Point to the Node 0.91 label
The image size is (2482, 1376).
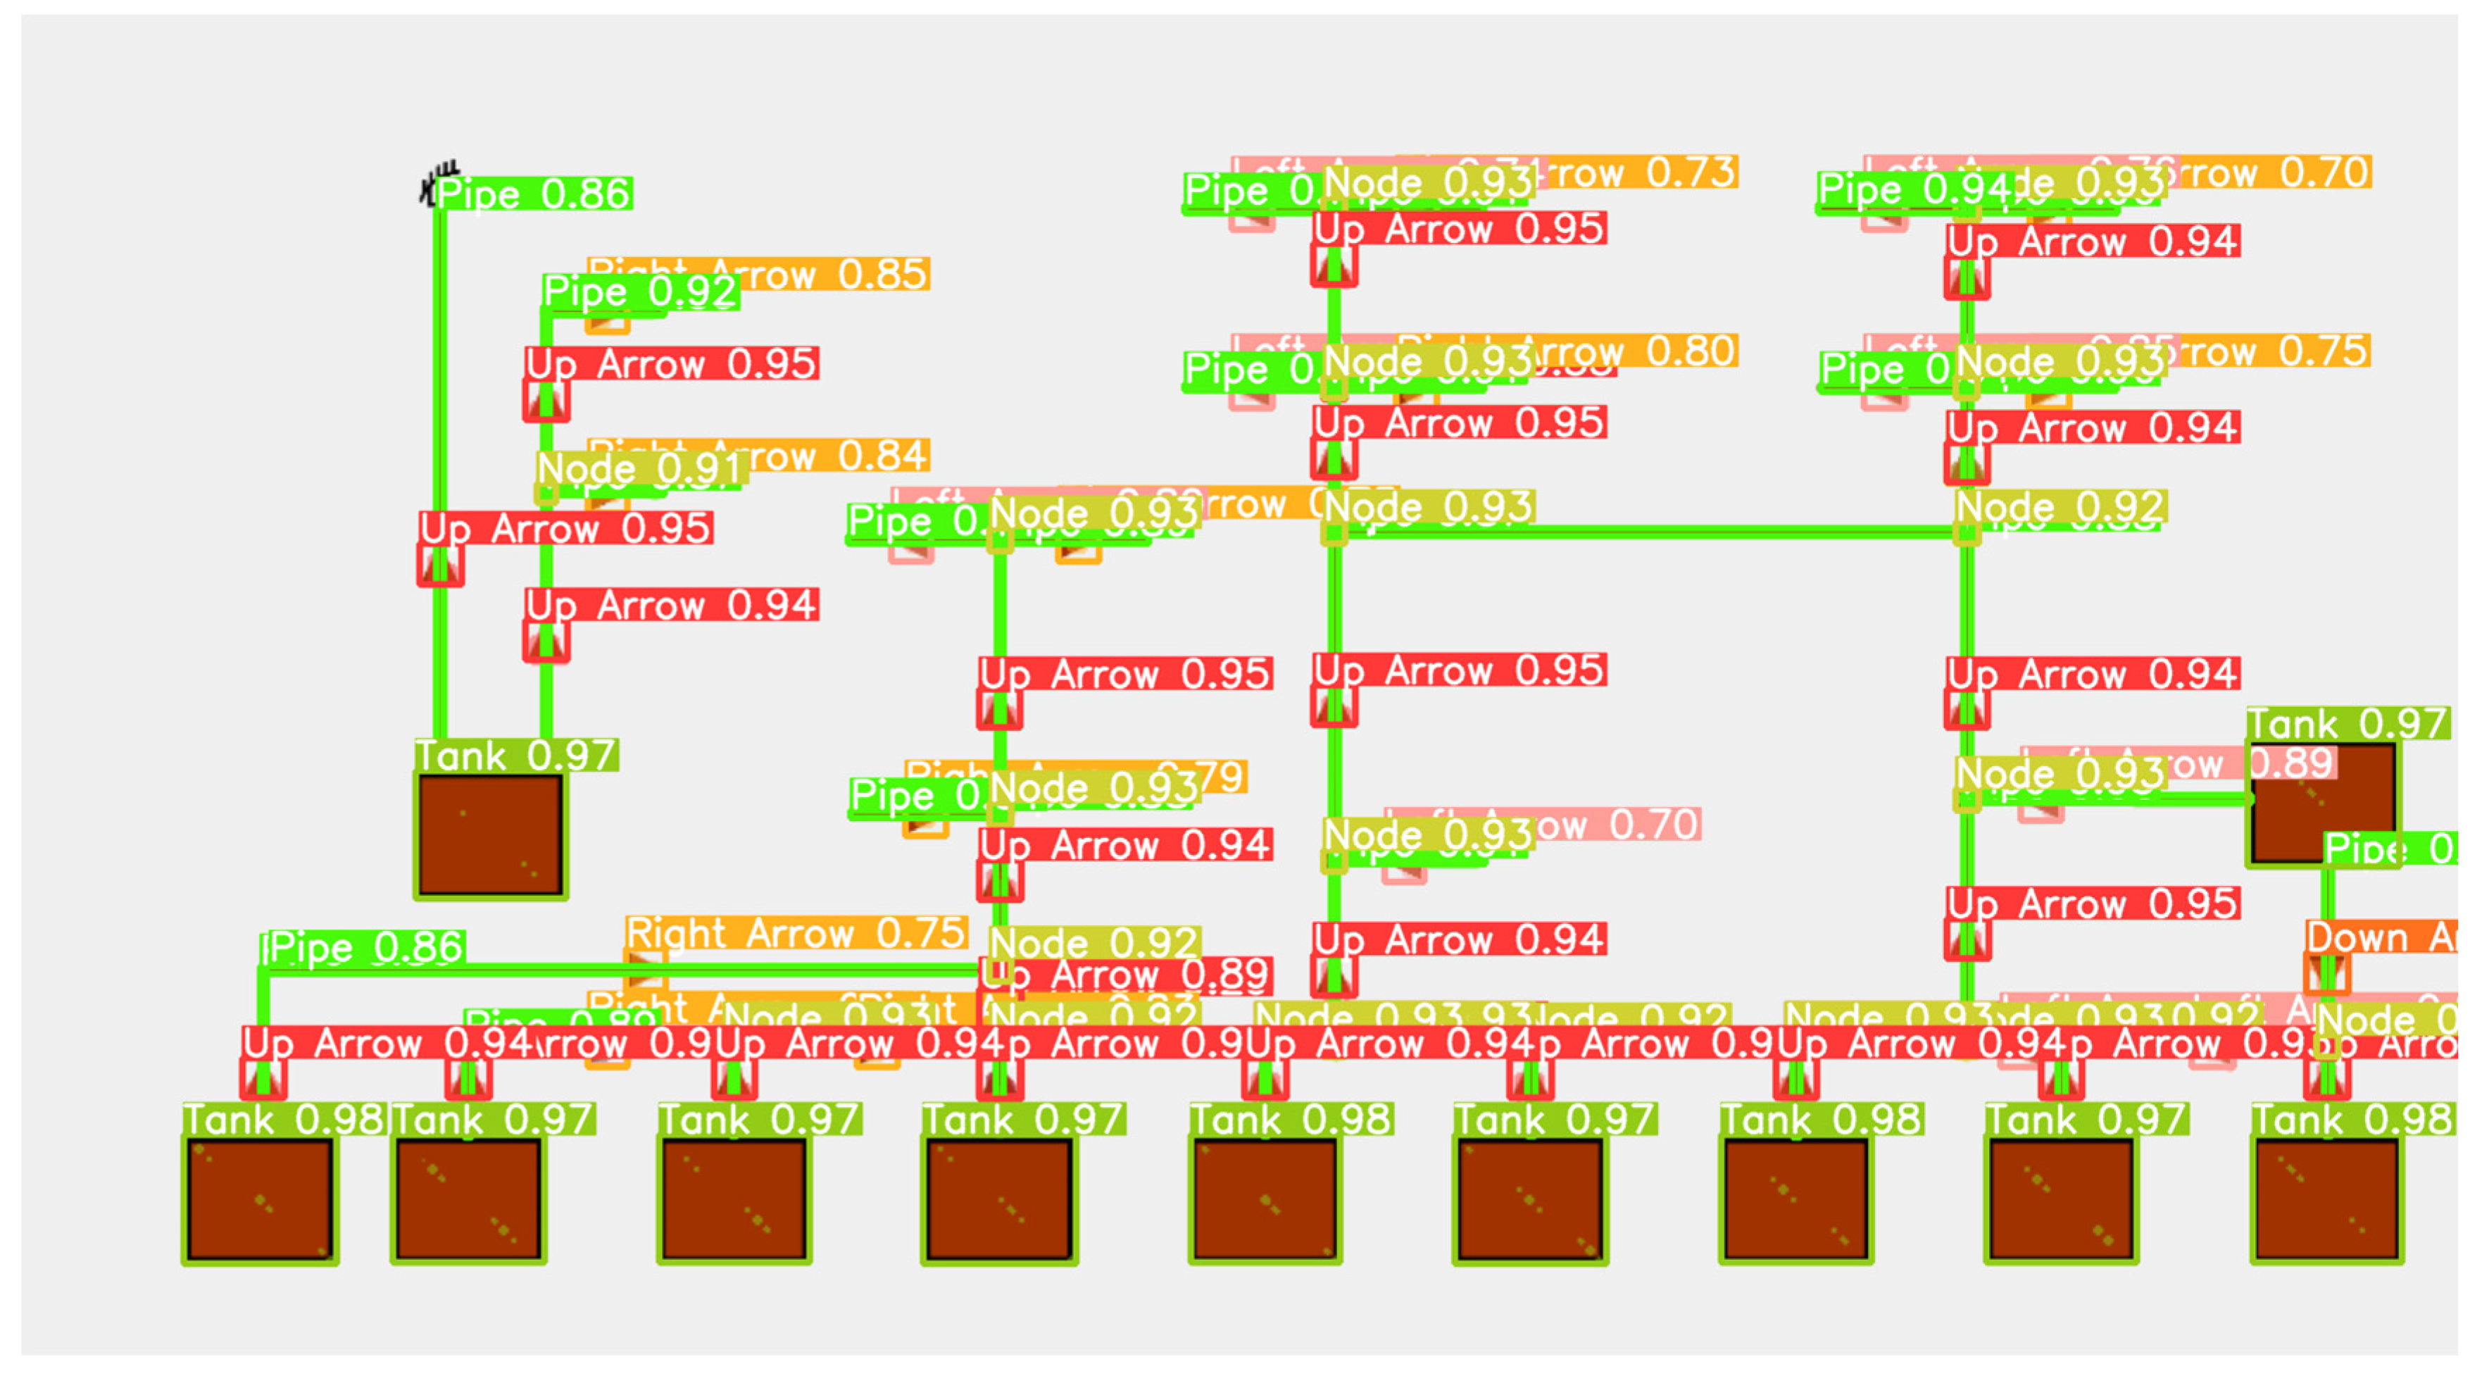[x=639, y=469]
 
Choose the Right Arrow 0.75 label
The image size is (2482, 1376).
[x=795, y=933]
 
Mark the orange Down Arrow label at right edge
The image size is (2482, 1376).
[x=2380, y=937]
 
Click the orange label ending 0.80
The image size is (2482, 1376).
[x=1676, y=351]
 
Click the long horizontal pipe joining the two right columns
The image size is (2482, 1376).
[x=1648, y=531]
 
